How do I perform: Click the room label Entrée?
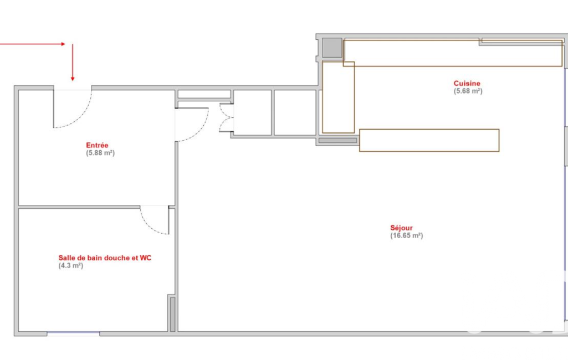[97, 145]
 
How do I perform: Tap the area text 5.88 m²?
[100, 153]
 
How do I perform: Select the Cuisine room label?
[467, 83]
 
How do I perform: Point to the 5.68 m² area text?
[468, 91]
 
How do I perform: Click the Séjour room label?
[401, 228]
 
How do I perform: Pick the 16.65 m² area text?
[406, 235]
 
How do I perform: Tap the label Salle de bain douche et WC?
[105, 258]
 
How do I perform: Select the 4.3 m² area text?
[70, 265]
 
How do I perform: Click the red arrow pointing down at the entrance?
[73, 62]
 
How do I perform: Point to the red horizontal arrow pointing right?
[33, 44]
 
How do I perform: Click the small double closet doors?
[226, 118]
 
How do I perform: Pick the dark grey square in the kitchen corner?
[332, 48]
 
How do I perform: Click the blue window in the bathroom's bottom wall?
[73, 332]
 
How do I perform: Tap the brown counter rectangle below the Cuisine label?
[429, 140]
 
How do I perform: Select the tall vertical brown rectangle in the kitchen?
[339, 97]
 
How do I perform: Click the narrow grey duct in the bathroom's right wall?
[172, 314]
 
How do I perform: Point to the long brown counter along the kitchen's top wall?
[453, 53]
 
